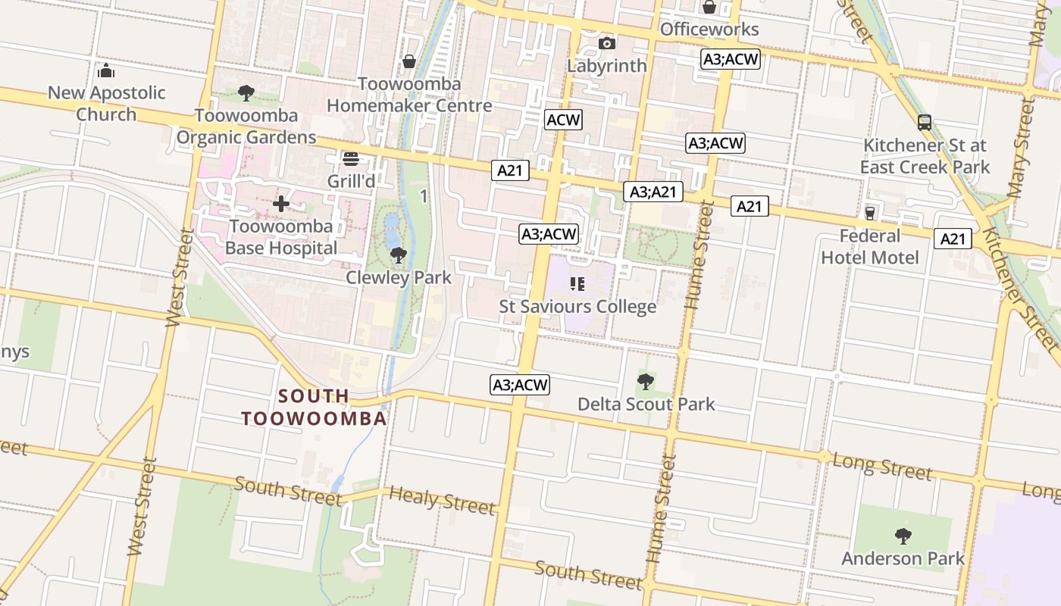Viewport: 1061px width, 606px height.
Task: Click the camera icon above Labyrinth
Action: (x=606, y=43)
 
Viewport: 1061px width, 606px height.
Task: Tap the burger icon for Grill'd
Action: (x=350, y=159)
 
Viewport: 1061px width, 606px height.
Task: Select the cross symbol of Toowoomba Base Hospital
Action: (x=281, y=204)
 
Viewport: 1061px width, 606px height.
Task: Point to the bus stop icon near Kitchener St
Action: (x=924, y=123)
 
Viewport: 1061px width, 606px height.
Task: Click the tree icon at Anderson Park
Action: (x=903, y=536)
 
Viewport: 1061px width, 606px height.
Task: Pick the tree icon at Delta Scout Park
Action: (x=646, y=382)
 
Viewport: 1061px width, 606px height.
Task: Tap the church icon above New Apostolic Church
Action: (x=106, y=71)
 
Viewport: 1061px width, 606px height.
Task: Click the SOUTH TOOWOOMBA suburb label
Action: (x=314, y=407)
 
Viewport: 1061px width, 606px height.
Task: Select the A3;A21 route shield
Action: (x=653, y=192)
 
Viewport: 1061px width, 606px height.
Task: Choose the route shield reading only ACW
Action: (x=564, y=120)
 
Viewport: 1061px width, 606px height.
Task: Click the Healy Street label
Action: (x=442, y=500)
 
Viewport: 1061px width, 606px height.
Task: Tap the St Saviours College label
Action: (x=577, y=307)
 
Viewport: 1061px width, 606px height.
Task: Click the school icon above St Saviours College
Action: (x=577, y=284)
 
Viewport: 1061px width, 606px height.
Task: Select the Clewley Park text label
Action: (x=399, y=278)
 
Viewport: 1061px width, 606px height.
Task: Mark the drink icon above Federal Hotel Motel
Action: (x=869, y=214)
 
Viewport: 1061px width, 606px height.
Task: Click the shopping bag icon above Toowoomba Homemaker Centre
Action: (x=409, y=61)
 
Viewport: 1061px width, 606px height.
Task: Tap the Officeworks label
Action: (x=709, y=30)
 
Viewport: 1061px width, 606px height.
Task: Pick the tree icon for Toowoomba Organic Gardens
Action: (x=246, y=93)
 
